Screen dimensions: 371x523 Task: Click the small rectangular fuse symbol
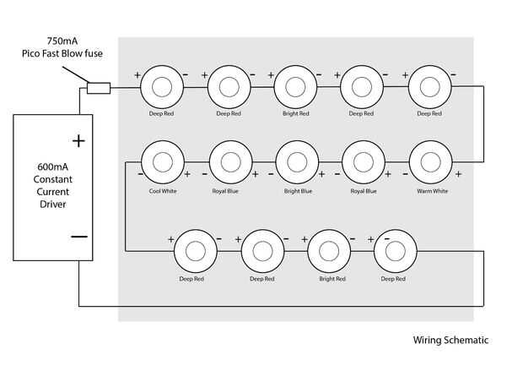point(99,86)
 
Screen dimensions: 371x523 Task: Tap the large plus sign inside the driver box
point(78,140)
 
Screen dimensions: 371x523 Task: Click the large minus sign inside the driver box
point(78,237)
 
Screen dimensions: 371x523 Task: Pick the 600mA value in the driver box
point(46,166)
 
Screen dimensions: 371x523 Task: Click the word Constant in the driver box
point(46,179)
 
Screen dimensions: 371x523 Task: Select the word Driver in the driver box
point(46,205)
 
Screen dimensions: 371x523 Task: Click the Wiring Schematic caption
point(450,341)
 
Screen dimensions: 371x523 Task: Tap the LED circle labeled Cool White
point(163,161)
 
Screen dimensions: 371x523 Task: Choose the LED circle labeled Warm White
point(431,161)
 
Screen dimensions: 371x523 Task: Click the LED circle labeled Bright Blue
point(298,161)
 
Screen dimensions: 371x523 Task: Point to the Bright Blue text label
point(298,191)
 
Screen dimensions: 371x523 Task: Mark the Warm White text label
point(432,191)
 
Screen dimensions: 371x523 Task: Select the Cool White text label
point(163,191)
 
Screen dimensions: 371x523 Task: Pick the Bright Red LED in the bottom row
point(330,250)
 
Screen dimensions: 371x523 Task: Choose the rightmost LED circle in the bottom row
point(394,250)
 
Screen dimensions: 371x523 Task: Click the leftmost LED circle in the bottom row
point(196,250)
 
